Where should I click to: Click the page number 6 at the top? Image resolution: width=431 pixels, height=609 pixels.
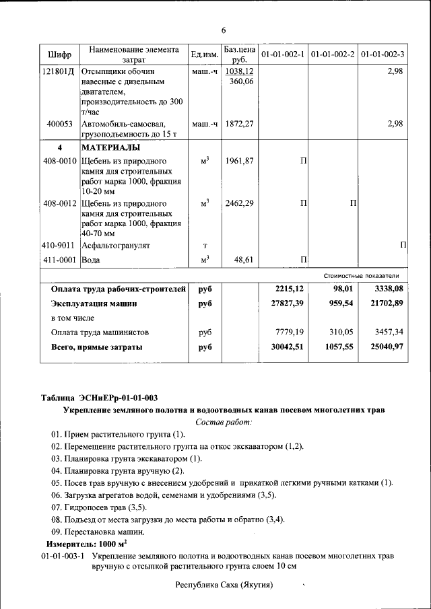click(x=223, y=30)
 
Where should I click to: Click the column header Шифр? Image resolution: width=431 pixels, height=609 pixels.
click(x=59, y=54)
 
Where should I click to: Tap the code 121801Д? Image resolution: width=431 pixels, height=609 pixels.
click(x=59, y=71)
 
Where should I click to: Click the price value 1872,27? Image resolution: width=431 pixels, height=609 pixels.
click(x=239, y=124)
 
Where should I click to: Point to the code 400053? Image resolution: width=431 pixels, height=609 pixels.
click(x=59, y=124)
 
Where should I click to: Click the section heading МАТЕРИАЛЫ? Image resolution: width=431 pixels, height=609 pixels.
click(x=111, y=147)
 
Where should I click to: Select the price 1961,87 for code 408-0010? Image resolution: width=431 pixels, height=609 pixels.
click(x=239, y=161)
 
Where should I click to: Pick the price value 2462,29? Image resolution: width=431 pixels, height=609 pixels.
click(x=239, y=203)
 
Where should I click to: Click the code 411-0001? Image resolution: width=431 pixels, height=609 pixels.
click(x=60, y=260)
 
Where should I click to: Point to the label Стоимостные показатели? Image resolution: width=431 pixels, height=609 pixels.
click(x=361, y=276)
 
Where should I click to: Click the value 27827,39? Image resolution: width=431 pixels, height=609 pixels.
click(x=286, y=303)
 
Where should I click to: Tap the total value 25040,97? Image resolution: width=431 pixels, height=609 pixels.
click(x=385, y=347)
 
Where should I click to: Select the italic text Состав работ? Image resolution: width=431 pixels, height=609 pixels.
click(x=224, y=422)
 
